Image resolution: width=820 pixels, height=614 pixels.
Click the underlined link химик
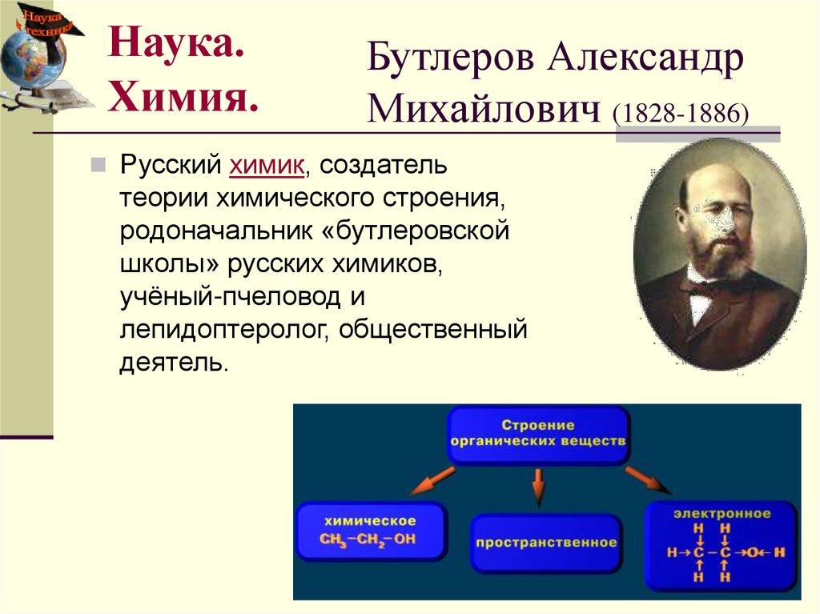pyautogui.click(x=267, y=166)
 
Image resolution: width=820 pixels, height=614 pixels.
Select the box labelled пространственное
pyautogui.click(x=546, y=543)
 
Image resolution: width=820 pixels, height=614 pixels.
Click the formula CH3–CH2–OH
pyautogui.click(x=368, y=540)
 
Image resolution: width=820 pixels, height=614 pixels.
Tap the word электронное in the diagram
pyautogui.click(x=722, y=513)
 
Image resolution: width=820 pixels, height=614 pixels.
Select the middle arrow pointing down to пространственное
pyautogui.click(x=538, y=485)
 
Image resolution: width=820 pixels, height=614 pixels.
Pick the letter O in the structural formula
pyautogui.click(x=752, y=552)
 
